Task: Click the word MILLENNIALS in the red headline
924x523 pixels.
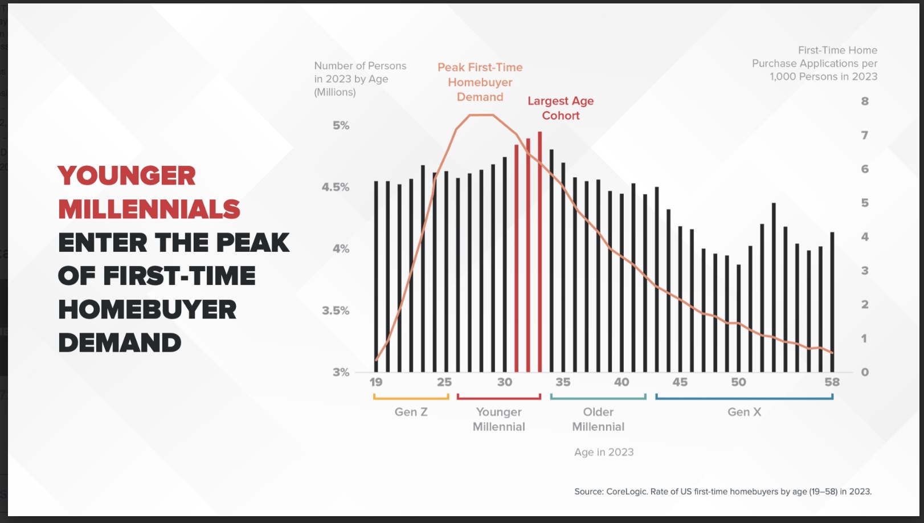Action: coord(149,209)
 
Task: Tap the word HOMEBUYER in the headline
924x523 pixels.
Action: coord(148,309)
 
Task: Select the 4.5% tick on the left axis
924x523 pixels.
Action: coord(336,187)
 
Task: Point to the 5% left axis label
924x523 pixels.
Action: coord(341,125)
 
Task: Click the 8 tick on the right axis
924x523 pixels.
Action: coord(865,101)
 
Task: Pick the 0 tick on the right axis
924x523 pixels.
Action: coord(865,372)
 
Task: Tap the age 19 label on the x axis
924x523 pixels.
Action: coord(376,382)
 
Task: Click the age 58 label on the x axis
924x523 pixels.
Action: coord(832,382)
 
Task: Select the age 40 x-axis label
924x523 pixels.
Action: coord(622,382)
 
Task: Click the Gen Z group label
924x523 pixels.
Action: coord(411,412)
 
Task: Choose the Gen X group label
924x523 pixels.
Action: coord(744,412)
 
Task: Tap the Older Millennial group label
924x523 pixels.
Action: coord(598,419)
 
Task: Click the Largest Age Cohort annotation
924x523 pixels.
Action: coord(561,108)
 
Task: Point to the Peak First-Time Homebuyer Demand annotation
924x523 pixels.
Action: coord(480,82)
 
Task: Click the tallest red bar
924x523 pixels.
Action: coord(539,252)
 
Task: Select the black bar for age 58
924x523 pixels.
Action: coord(832,302)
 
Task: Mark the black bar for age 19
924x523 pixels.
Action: coord(376,276)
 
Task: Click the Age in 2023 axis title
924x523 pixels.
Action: coord(604,452)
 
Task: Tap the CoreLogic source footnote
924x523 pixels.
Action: coord(723,492)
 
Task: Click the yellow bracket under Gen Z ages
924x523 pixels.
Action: coord(411,398)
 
